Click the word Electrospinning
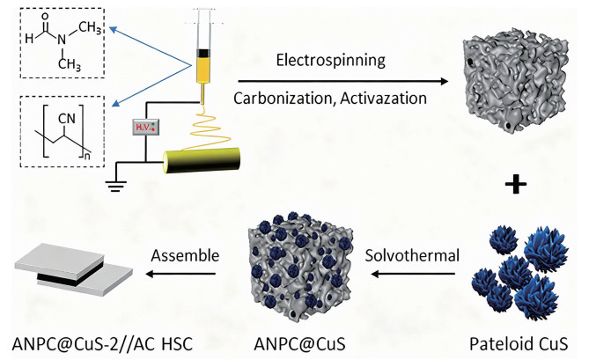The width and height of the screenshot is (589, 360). [330, 62]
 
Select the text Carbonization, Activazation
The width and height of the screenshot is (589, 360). [330, 95]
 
